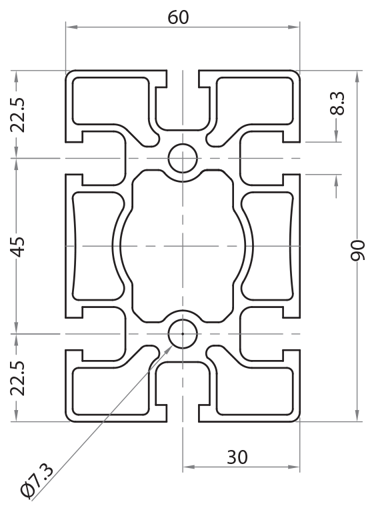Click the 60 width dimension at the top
pyautogui.click(x=178, y=17)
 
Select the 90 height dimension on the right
pyautogui.click(x=358, y=246)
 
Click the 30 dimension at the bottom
pyautogui.click(x=237, y=457)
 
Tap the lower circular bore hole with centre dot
pyautogui.click(x=182, y=333)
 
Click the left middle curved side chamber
pyautogui.click(x=93, y=246)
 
